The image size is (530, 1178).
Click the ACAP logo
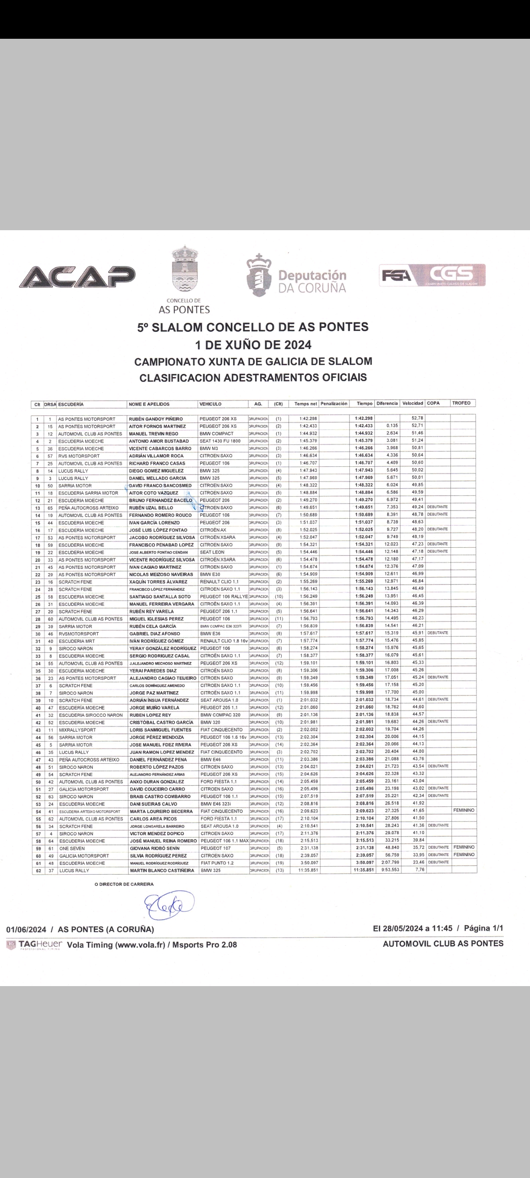pyautogui.click(x=78, y=277)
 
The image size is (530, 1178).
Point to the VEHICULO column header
pyautogui.click(x=211, y=404)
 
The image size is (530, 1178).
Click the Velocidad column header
pyautogui.click(x=413, y=403)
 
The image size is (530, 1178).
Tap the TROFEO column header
pyautogui.click(x=461, y=403)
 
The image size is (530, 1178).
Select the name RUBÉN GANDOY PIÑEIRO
pyautogui.click(x=156, y=419)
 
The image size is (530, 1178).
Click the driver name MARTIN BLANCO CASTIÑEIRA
pyautogui.click(x=161, y=871)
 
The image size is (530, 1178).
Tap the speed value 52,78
pyautogui.click(x=418, y=418)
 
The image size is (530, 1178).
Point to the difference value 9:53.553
pyautogui.click(x=388, y=871)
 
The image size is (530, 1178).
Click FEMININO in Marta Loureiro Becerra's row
pyautogui.click(x=464, y=810)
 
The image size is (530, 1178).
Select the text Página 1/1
pyautogui.click(x=483, y=928)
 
